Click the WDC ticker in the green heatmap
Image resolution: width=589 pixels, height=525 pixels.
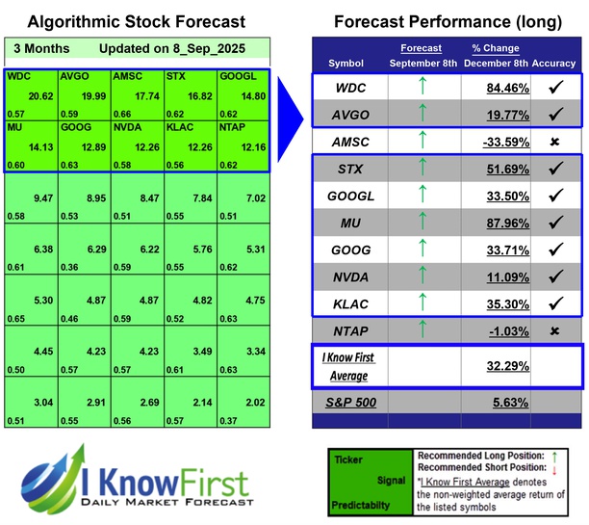(18, 74)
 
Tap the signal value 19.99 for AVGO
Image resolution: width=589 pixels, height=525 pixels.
(91, 97)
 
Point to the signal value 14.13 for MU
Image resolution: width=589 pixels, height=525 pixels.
(38, 147)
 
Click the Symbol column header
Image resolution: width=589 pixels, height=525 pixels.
(346, 63)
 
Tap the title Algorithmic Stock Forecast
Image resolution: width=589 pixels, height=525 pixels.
(136, 21)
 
